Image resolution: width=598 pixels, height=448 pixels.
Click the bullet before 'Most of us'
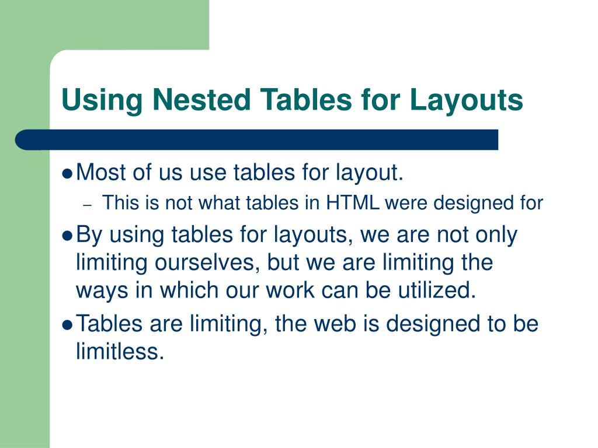(67, 173)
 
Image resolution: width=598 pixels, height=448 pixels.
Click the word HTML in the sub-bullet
(352, 203)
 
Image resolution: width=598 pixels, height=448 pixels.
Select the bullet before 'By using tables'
(67, 236)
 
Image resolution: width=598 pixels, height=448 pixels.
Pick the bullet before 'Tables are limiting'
(67, 325)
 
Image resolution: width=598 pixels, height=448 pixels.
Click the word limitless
(118, 352)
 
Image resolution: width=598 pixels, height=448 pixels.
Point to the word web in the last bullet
(328, 324)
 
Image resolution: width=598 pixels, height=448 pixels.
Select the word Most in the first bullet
(102, 173)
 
